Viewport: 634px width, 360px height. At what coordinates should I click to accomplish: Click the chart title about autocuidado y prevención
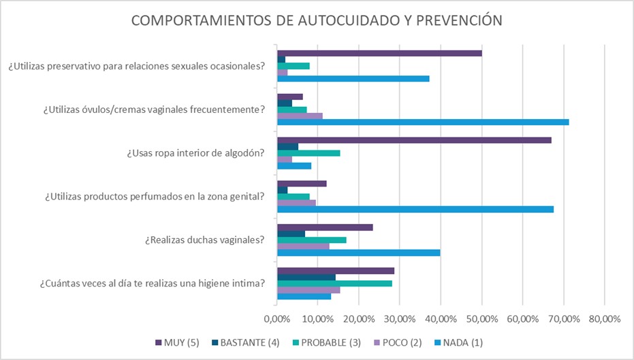click(x=317, y=20)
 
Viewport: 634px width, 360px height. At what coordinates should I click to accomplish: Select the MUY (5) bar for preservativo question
click(x=379, y=53)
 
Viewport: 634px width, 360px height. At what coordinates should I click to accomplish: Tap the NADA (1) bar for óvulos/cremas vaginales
click(x=422, y=122)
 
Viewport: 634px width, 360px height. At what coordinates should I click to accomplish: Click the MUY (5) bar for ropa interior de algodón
click(x=414, y=140)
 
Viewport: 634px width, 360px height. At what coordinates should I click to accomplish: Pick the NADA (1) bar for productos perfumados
click(x=415, y=209)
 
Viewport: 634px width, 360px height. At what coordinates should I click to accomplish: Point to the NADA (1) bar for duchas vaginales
click(x=358, y=252)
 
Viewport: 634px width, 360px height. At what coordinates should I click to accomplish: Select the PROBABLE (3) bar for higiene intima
click(x=334, y=283)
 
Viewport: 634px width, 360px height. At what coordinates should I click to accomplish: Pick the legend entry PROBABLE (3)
click(x=330, y=342)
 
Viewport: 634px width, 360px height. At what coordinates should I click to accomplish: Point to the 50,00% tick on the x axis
click(x=481, y=318)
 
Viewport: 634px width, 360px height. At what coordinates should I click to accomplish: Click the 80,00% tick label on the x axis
click(x=604, y=318)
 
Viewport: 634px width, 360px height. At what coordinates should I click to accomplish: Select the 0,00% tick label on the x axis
click(x=276, y=318)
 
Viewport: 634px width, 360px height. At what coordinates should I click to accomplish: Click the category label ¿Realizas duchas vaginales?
click(x=204, y=240)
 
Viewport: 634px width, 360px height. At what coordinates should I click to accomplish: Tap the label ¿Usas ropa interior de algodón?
click(x=195, y=153)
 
